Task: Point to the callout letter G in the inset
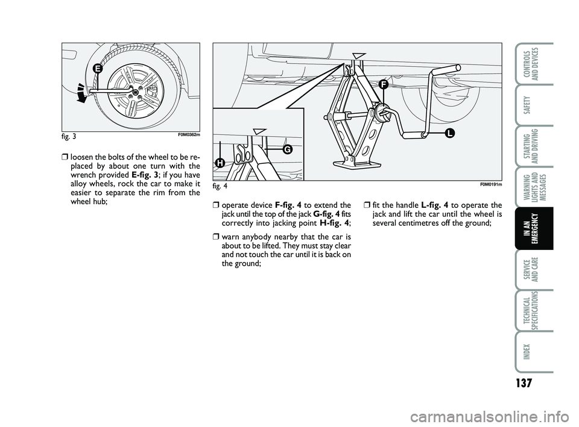click(285, 149)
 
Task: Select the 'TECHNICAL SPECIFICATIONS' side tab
click(534, 311)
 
